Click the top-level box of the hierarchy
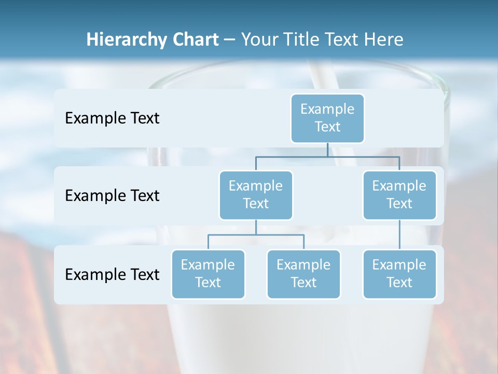coord(327,118)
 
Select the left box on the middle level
coord(256,195)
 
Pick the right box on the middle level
coord(399,195)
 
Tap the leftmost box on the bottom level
coord(208,274)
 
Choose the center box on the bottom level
coord(303,274)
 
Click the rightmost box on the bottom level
coord(399,274)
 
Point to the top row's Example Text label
coord(112,118)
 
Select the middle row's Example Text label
coord(112,195)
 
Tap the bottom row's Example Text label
coord(112,274)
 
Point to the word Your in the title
coord(259,39)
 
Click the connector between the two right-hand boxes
coord(399,234)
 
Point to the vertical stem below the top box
coord(327,150)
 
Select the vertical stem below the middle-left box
coord(256,227)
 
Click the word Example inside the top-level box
coord(327,109)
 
